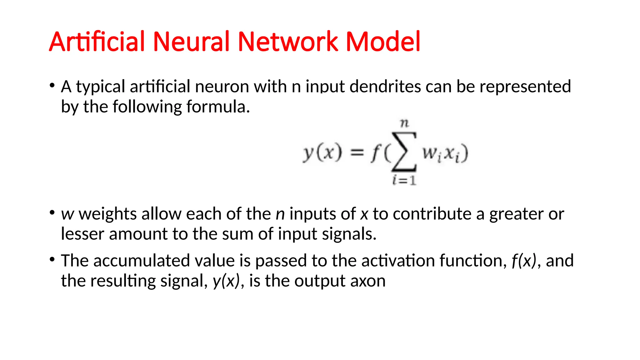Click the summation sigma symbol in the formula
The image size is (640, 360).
click(404, 152)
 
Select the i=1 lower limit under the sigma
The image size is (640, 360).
click(404, 180)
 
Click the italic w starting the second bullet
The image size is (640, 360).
click(67, 214)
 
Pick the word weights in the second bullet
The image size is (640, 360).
click(107, 214)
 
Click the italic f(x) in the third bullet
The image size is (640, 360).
click(523, 261)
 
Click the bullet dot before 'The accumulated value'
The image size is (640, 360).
click(52, 259)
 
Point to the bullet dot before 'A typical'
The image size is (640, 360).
click(52, 85)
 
